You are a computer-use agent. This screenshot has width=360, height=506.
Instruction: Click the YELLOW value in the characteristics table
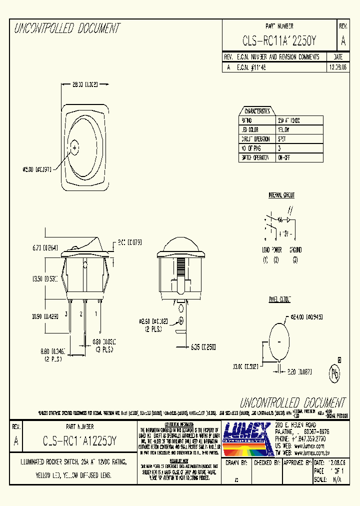coord(283,129)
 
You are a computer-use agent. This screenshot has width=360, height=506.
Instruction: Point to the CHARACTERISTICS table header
coord(257,111)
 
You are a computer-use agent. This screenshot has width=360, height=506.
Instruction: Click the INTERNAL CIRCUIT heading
coord(281,195)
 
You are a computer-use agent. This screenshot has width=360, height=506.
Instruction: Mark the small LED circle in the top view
coord(75,147)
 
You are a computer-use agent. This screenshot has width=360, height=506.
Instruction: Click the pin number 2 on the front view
coord(81,314)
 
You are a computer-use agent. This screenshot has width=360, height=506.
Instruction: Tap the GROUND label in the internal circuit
coord(295,249)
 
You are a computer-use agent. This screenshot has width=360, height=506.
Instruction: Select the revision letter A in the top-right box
coord(342,41)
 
